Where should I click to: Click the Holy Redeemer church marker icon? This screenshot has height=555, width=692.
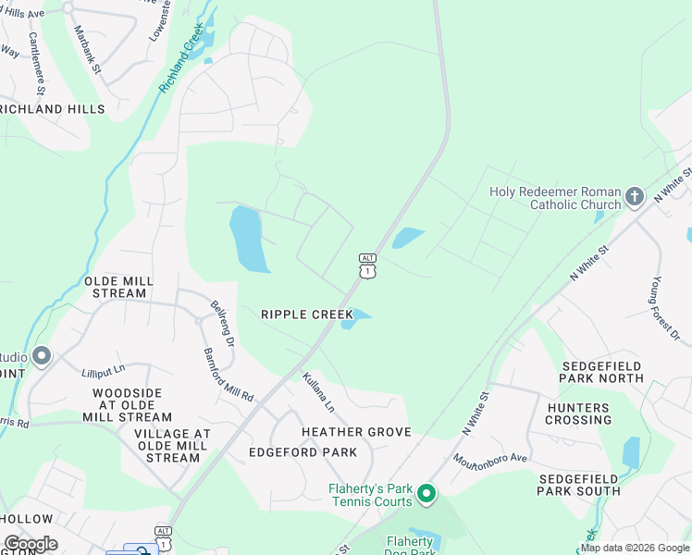coord(635,195)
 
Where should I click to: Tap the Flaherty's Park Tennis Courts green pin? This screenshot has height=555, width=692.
coord(426,495)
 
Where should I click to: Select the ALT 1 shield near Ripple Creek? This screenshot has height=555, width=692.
coord(368,265)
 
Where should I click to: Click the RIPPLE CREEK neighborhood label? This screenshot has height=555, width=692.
coord(307,314)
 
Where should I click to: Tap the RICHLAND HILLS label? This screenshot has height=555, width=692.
coord(52,109)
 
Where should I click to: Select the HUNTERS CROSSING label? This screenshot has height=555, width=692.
coord(591,413)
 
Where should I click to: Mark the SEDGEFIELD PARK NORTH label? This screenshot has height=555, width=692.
coord(602,372)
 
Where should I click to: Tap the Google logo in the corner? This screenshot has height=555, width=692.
coord(31,544)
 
